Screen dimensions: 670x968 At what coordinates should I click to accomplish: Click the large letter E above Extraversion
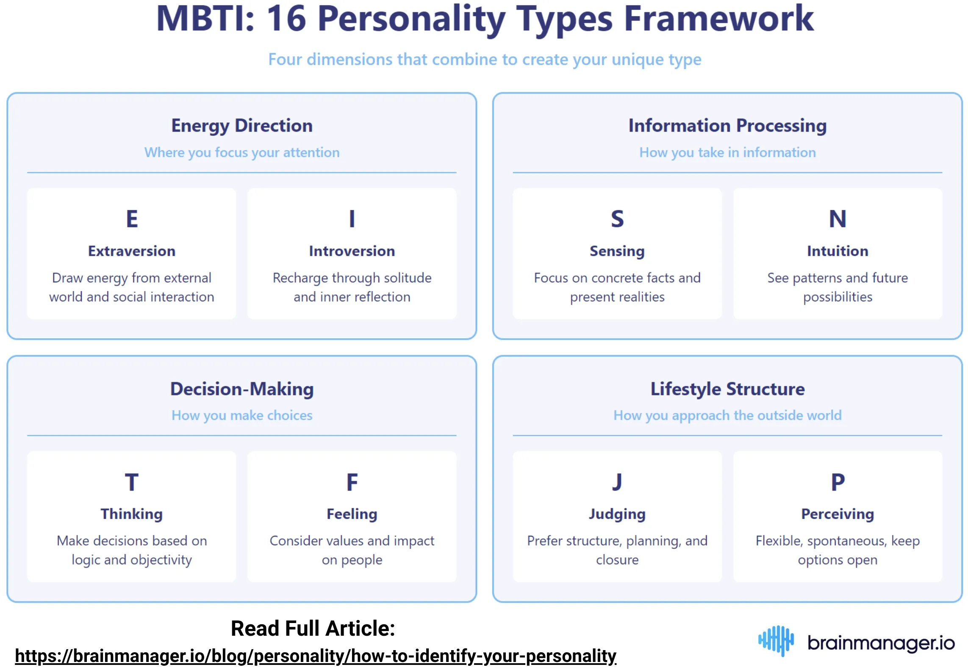[x=132, y=219]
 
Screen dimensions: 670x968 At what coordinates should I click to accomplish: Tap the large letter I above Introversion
[x=352, y=219]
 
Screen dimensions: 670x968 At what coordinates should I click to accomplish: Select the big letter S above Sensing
[x=617, y=219]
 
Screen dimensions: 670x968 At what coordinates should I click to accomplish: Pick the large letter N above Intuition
[x=837, y=219]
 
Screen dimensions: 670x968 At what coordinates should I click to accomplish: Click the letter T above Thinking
[x=132, y=482]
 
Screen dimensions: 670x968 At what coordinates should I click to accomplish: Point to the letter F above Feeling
[x=352, y=482]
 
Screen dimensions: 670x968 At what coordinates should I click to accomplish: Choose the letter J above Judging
[x=617, y=482]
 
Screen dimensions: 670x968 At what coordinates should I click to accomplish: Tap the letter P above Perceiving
[x=837, y=482]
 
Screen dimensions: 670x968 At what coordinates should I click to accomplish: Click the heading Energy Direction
[x=241, y=126]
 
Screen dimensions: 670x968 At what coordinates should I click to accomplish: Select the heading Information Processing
[x=727, y=126]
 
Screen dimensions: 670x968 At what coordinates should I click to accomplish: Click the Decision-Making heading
[x=241, y=389]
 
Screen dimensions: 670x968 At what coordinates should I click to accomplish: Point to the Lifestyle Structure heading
[x=727, y=389]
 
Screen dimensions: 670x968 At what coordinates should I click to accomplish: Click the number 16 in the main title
[x=286, y=19]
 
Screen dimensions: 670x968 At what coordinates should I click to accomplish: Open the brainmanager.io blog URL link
[x=315, y=656]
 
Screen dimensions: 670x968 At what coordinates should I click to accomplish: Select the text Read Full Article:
[x=313, y=628]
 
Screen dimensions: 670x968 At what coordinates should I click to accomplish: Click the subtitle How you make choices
[x=241, y=415]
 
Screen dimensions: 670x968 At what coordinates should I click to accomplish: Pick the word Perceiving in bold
[x=837, y=514]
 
